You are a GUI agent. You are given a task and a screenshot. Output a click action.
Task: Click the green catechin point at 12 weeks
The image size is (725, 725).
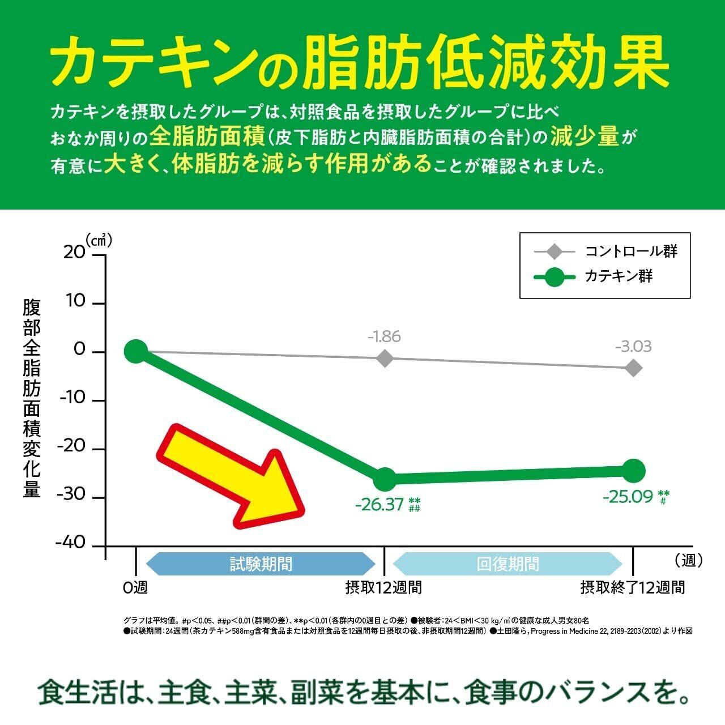(385, 479)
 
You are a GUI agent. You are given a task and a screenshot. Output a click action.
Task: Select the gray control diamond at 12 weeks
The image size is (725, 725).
(385, 358)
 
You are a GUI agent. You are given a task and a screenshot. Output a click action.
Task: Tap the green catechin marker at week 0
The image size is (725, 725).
(136, 351)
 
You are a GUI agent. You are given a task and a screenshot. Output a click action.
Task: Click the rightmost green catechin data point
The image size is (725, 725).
(633, 470)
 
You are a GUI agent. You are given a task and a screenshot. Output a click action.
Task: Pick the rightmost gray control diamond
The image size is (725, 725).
(633, 368)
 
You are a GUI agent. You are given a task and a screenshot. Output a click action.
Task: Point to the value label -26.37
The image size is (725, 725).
(379, 504)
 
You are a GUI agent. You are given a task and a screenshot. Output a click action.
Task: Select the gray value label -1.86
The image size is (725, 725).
(384, 336)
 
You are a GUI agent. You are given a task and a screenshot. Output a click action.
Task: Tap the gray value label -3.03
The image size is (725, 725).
(633, 346)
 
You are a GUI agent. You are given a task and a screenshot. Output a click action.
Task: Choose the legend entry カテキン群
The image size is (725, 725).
(619, 276)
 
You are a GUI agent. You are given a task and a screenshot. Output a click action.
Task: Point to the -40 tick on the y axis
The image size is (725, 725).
(70, 543)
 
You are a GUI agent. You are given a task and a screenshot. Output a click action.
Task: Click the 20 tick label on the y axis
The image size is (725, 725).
(74, 253)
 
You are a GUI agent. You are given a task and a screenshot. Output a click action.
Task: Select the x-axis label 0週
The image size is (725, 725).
(135, 587)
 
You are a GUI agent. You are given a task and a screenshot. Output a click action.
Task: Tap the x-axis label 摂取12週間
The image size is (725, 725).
(384, 587)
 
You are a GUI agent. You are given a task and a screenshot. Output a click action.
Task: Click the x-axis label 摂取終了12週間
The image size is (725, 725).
(633, 587)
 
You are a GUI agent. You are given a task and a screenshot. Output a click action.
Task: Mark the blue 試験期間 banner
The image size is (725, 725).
(261, 564)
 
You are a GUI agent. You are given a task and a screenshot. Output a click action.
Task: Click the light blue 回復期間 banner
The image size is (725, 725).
(508, 564)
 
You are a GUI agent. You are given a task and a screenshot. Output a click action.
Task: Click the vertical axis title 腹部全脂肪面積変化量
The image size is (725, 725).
(32, 399)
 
